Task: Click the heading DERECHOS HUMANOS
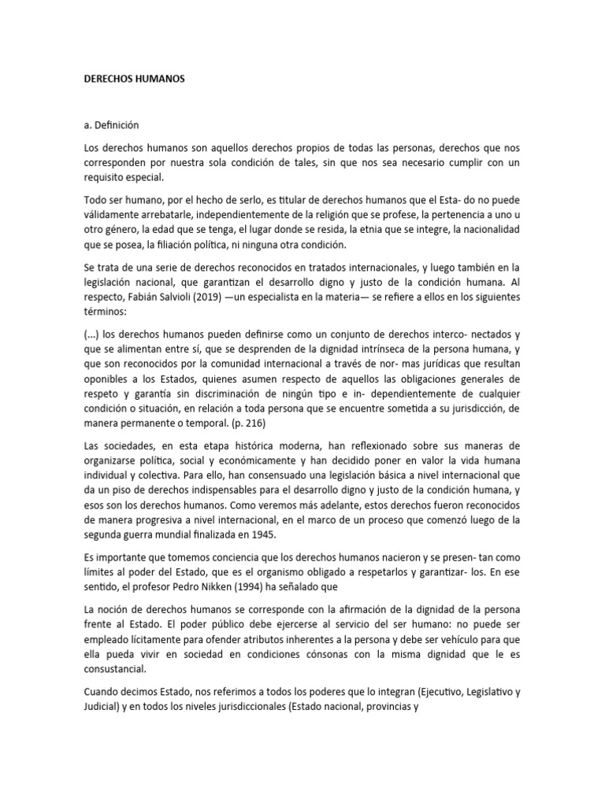(x=133, y=79)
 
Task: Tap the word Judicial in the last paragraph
(x=102, y=707)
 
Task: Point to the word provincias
(x=380, y=707)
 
